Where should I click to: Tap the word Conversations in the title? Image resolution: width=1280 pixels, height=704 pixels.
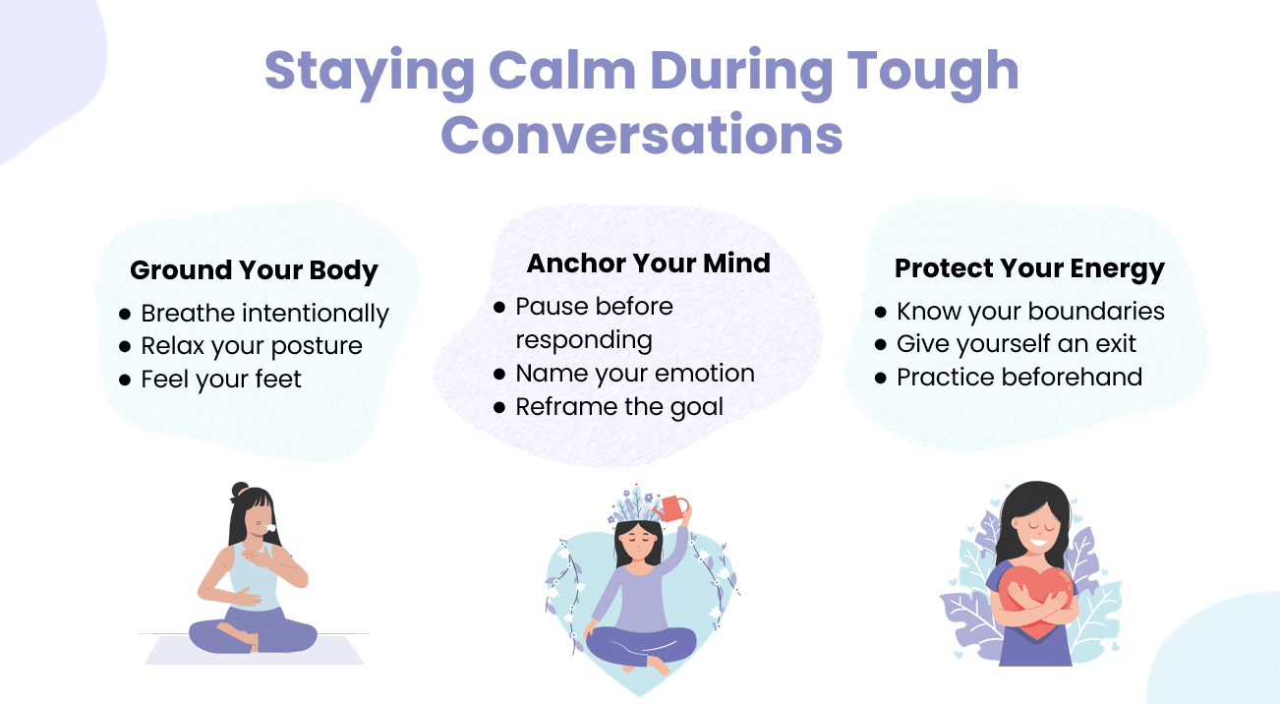tap(642, 135)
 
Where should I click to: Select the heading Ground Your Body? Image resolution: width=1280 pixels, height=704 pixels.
tap(254, 270)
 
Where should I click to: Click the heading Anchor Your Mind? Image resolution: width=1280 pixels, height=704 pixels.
tap(649, 264)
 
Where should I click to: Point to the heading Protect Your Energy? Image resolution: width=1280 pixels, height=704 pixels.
tap(1029, 268)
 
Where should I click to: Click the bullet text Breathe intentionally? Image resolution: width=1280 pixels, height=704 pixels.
tap(264, 314)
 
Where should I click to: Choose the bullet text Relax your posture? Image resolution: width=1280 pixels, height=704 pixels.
tap(252, 347)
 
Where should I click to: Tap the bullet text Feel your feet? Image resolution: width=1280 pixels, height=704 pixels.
tap(220, 380)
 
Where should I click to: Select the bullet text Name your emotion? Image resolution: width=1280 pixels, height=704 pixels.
tap(635, 374)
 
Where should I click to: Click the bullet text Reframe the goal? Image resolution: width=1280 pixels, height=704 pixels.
tap(619, 407)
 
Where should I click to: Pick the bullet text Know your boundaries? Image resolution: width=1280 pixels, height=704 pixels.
tap(1030, 312)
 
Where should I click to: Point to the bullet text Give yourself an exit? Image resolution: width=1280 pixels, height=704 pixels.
tap(1016, 344)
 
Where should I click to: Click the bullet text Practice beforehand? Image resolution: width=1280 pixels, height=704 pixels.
tap(1019, 378)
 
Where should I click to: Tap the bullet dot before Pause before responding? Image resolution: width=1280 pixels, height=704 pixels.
tap(499, 308)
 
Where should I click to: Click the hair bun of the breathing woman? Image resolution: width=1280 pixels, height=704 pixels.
tap(241, 491)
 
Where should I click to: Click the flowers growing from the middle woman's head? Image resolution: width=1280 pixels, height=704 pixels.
tap(633, 505)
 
